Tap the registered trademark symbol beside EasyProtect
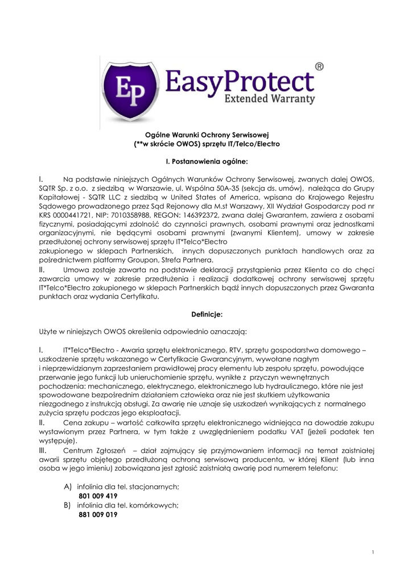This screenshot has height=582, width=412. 320,66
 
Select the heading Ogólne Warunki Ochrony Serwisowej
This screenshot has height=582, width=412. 206,135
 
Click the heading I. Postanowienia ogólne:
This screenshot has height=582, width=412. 206,161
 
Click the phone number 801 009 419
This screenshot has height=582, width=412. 98,496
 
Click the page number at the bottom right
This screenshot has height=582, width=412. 372,552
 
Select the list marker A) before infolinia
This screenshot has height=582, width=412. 68,487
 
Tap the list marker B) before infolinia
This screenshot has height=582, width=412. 68,505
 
